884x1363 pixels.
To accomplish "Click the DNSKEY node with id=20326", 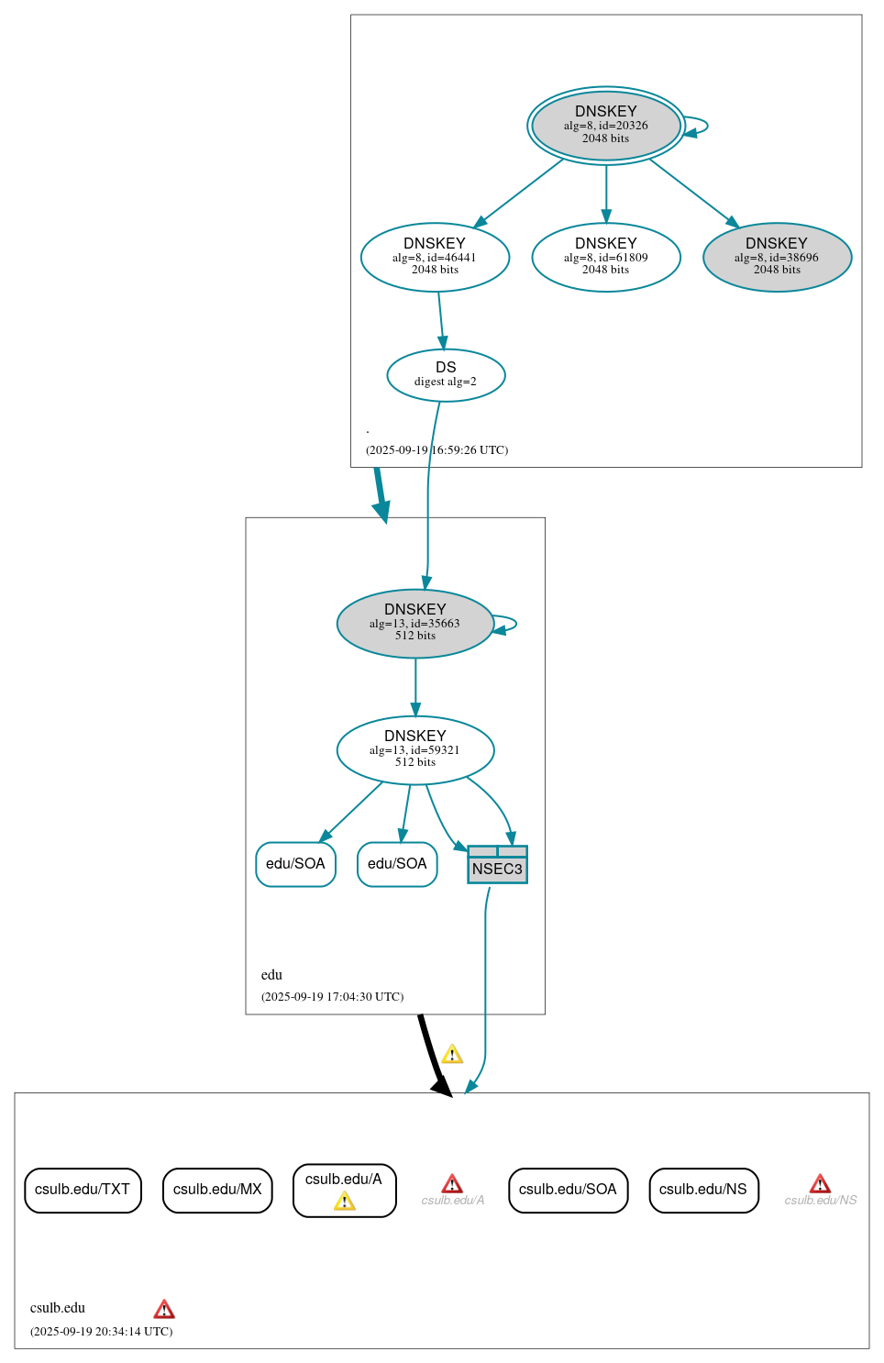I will (605, 126).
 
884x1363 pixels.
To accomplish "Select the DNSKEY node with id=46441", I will (435, 257).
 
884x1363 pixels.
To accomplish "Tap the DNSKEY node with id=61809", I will (605, 257).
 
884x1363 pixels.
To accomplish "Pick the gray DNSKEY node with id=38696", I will (777, 257).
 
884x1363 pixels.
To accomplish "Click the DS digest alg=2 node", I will (446, 374).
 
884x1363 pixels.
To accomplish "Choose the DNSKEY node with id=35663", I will (415, 623).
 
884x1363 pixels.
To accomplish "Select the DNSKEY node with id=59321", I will (415, 749).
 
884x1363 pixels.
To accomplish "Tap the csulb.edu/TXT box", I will (83, 1190).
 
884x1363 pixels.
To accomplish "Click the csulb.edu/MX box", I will (217, 1190).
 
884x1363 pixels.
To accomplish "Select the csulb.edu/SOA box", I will (568, 1190).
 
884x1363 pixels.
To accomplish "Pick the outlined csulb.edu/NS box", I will (703, 1190).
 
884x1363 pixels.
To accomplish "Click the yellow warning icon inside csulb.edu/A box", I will (345, 1202).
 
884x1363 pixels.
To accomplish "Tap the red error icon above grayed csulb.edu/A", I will (452, 1184).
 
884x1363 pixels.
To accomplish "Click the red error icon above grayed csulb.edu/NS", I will (820, 1184).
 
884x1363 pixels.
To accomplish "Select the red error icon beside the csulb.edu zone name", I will (164, 1309).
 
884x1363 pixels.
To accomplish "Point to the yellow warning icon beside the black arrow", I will (452, 1055).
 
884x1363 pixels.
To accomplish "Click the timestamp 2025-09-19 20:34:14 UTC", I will (101, 1332).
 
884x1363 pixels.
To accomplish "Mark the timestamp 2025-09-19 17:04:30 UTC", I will (332, 997).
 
